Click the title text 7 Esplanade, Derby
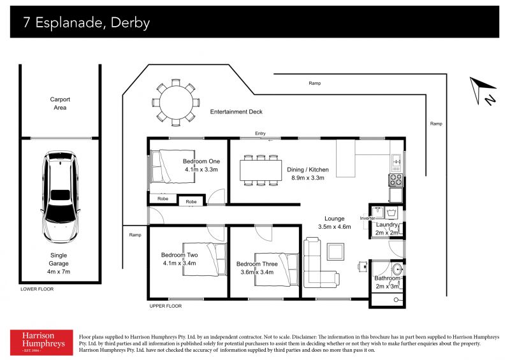click(87, 23)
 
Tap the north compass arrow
click(480, 89)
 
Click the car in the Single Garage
click(61, 198)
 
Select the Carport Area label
click(60, 103)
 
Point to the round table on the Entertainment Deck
click(176, 103)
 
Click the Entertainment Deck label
click(236, 112)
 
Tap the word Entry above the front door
click(260, 133)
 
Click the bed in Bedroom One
click(171, 166)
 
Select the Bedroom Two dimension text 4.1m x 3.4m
click(179, 263)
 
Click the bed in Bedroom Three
click(277, 270)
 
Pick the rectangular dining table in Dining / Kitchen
click(261, 170)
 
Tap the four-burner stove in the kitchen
click(396, 180)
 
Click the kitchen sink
click(396, 162)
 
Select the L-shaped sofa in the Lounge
click(321, 263)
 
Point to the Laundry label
click(387, 225)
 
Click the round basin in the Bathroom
click(397, 270)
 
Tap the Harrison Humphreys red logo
click(41, 342)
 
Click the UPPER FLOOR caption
click(166, 306)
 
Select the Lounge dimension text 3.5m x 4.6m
click(334, 227)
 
